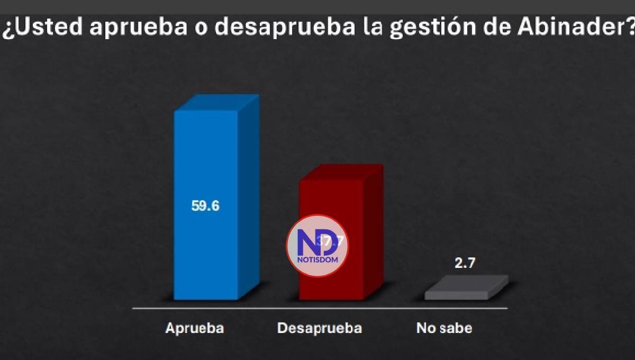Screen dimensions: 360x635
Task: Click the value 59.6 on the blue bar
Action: click(205, 206)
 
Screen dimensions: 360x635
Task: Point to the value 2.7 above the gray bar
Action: click(465, 264)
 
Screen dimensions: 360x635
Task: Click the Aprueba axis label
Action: click(195, 328)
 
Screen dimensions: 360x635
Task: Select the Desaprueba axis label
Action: click(320, 328)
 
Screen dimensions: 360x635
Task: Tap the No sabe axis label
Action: click(444, 328)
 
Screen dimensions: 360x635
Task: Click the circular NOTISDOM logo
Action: click(317, 246)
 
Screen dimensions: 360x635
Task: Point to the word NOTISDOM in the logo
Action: click(317, 259)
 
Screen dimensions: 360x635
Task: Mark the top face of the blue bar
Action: click(217, 103)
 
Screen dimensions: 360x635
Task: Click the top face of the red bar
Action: click(341, 173)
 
